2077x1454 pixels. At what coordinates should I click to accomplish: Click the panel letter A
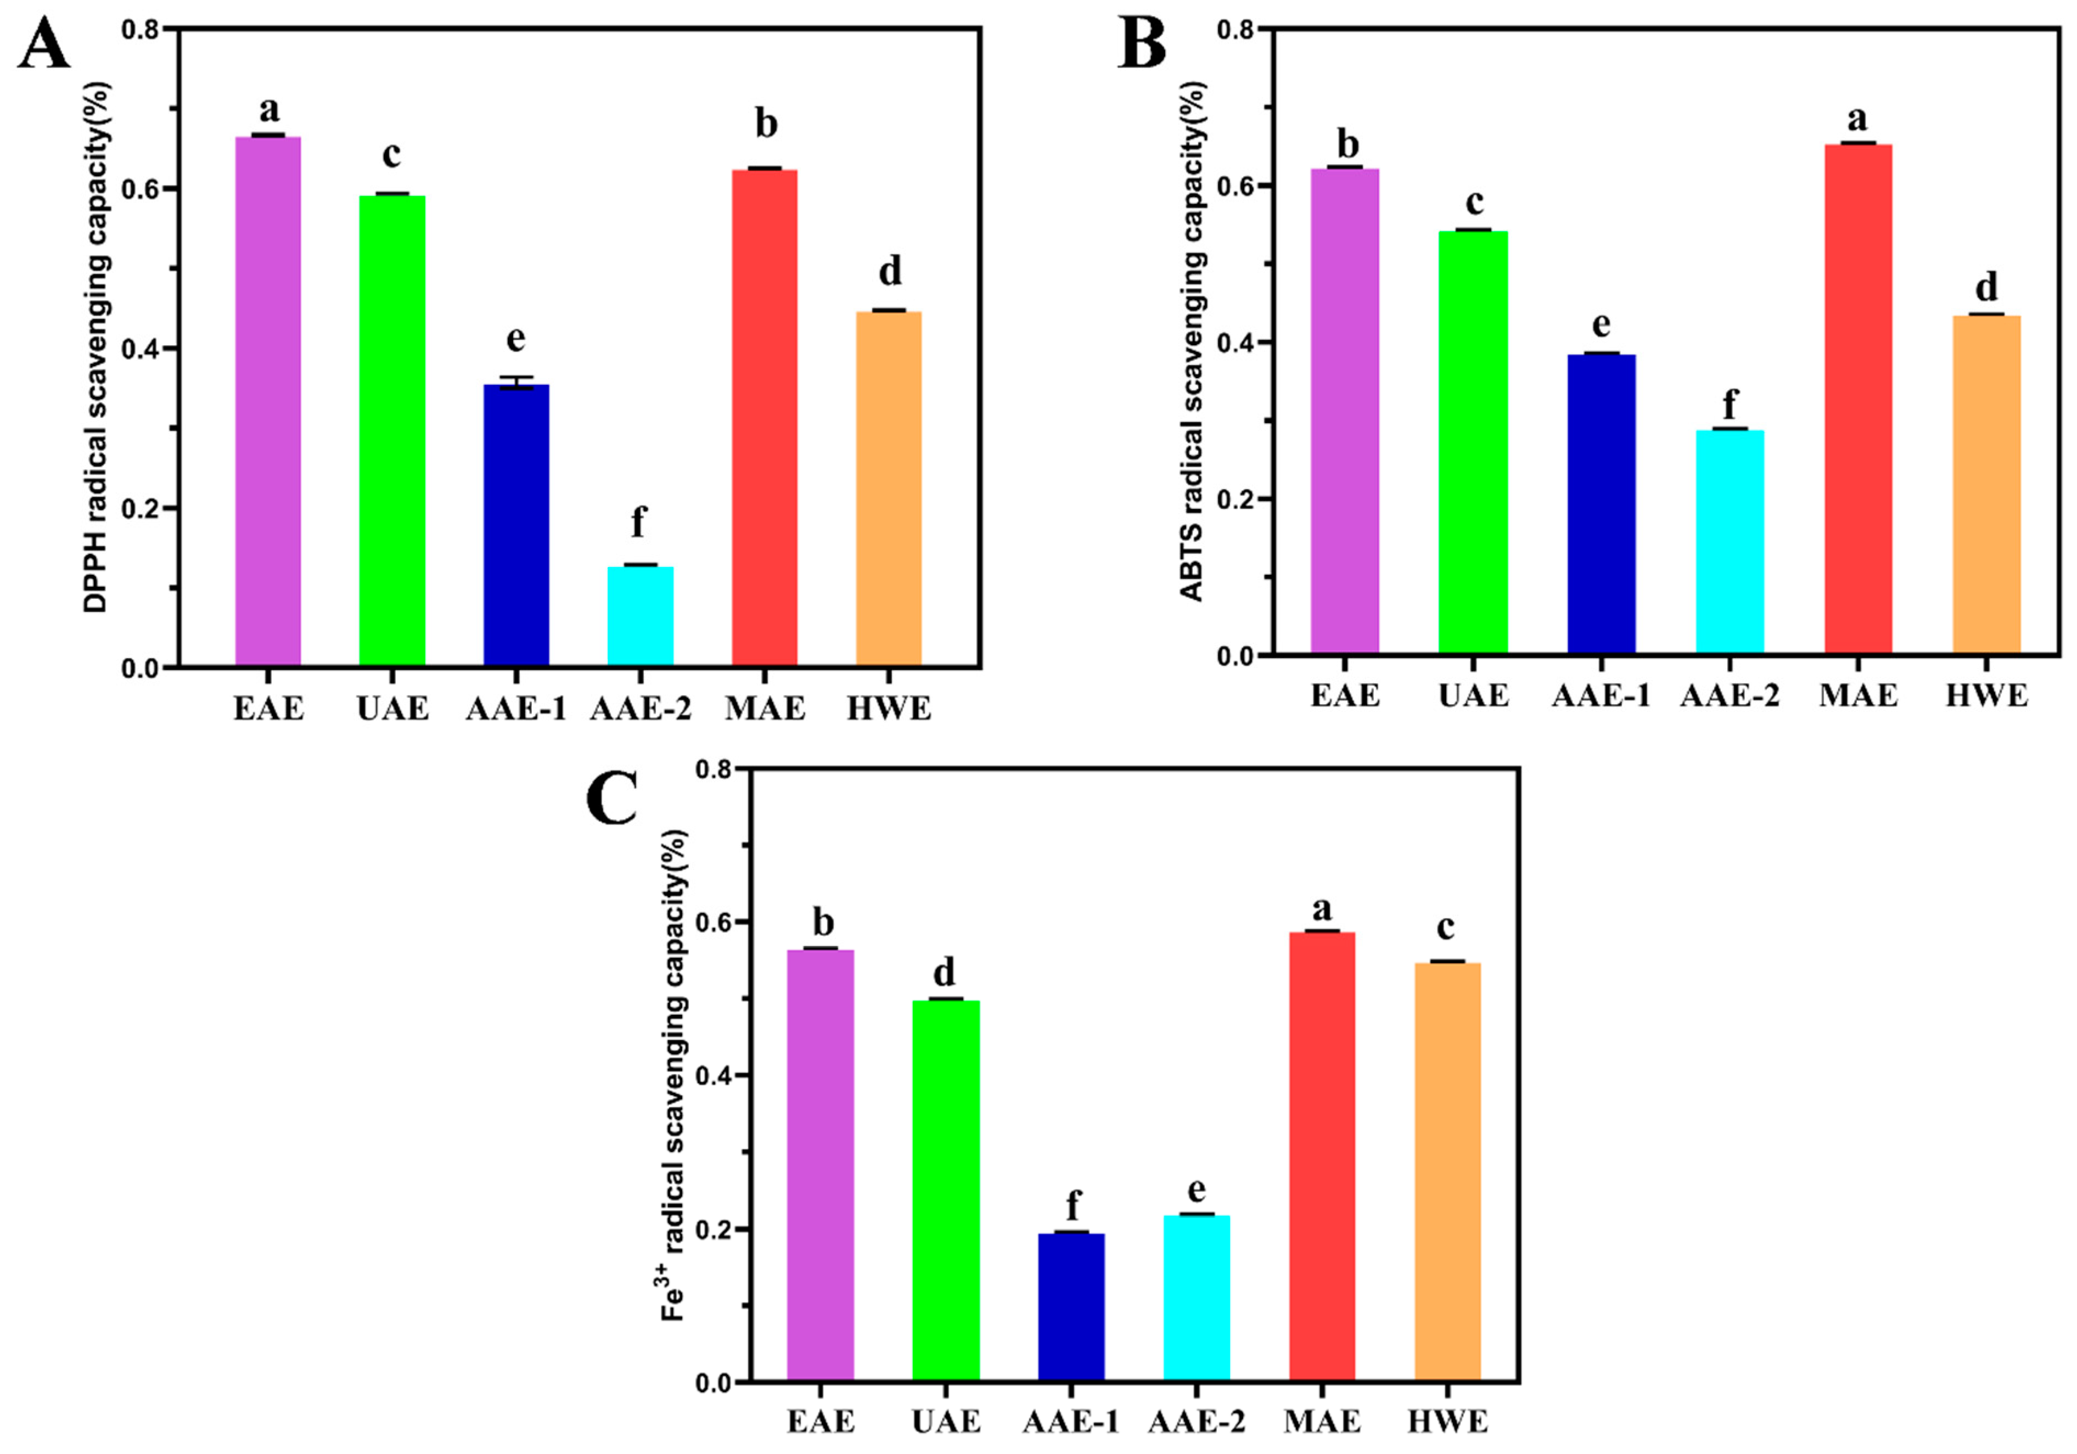tap(43, 44)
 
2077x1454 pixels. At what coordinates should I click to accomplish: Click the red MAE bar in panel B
tap(1858, 398)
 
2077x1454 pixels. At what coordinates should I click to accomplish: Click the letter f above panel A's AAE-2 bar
tap(639, 522)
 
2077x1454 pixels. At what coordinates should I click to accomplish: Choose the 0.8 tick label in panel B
tap(1236, 30)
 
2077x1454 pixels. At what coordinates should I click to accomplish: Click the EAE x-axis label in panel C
tap(819, 1422)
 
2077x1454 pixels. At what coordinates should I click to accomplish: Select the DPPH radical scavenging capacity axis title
tap(97, 349)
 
